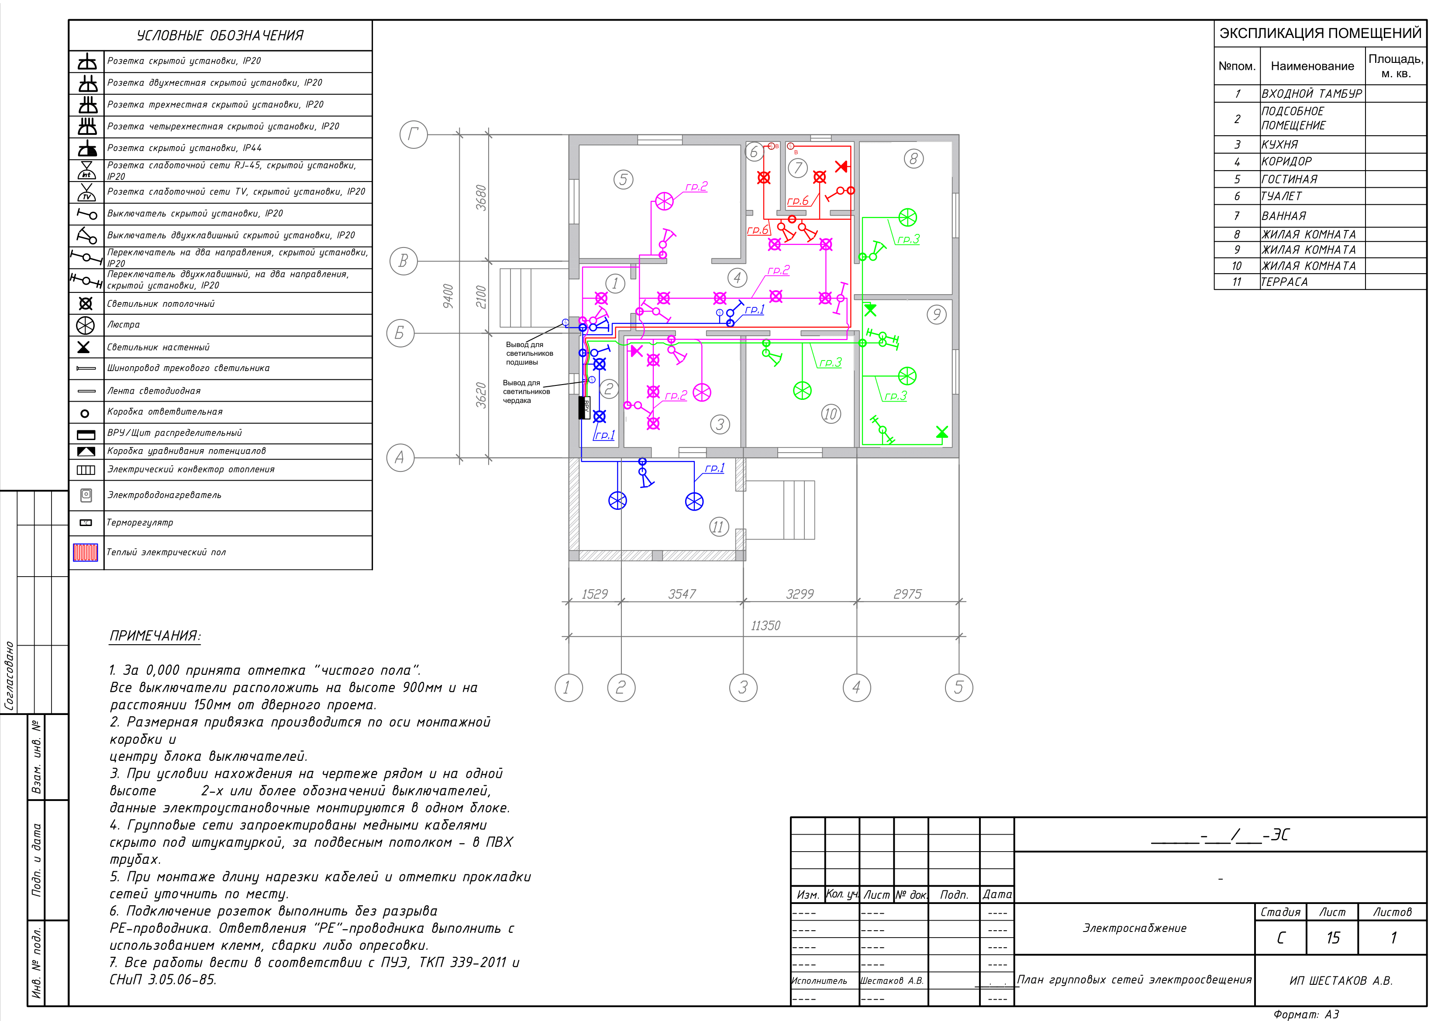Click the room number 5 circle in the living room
[x=623, y=179]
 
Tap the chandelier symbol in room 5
[x=665, y=201]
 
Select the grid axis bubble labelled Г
[x=414, y=134]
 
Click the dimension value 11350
[x=766, y=626]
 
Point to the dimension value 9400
[x=448, y=296]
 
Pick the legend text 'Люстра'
[x=123, y=325]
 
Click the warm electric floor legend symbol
[x=86, y=552]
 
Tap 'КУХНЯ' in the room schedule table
[x=1279, y=144]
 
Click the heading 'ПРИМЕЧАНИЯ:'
[x=155, y=636]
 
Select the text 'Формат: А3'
[x=1306, y=1014]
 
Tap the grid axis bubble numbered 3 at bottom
[x=743, y=688]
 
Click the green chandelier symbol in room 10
[x=803, y=391]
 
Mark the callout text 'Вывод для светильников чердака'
[x=526, y=391]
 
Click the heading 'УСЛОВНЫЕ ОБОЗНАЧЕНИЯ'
[x=220, y=36]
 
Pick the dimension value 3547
[x=682, y=594]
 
